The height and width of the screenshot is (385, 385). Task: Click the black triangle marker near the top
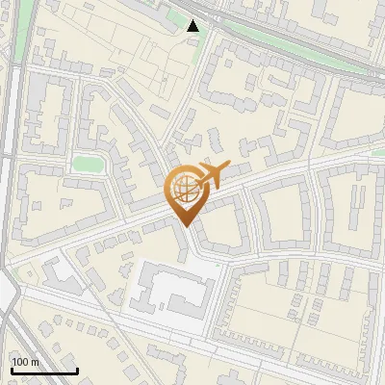point(193,26)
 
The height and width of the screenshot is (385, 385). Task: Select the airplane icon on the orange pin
point(213,174)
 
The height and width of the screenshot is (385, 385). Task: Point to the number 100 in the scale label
point(19,362)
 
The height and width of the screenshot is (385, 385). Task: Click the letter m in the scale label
point(34,362)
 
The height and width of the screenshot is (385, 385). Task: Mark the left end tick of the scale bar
point(12,370)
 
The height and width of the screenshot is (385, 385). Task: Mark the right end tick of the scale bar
point(77,370)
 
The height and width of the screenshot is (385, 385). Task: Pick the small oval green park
point(88,165)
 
